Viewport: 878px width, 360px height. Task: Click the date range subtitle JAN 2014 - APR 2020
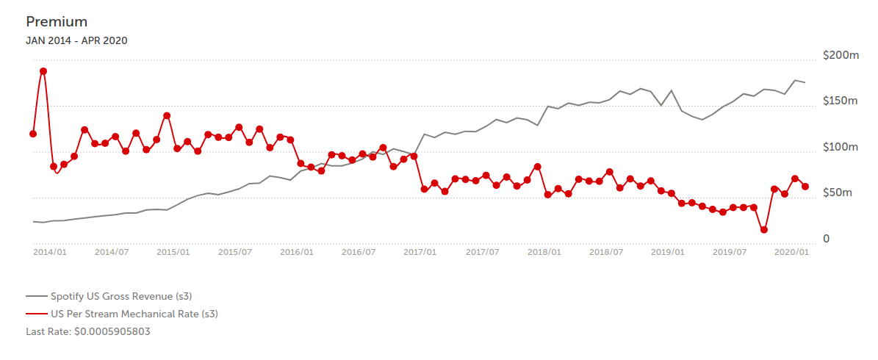76,40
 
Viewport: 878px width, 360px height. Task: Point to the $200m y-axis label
841,56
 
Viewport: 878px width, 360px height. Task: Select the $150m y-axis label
841,101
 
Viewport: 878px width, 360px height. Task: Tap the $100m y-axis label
841,148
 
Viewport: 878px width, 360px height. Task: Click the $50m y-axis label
838,193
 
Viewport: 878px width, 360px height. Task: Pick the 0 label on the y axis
827,239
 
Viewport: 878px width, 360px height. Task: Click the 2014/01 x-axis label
50,252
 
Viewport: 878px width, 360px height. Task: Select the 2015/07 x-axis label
236,252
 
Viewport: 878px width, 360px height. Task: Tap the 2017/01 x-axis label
421,252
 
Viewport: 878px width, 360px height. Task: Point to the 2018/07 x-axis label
607,252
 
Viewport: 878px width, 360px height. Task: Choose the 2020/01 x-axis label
793,252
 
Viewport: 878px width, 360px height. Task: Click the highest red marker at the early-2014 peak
43,71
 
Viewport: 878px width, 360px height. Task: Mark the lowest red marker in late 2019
764,230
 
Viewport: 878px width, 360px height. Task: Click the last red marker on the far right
805,187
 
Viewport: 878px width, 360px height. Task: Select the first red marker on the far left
33,134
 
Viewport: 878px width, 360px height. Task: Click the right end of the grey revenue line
805,82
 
